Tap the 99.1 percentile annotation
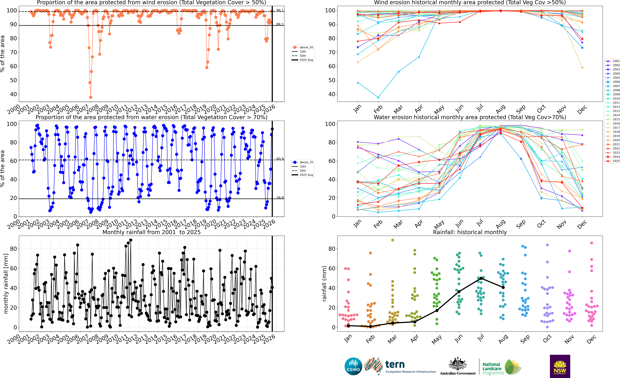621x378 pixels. click(280, 10)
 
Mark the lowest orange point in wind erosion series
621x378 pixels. click(91, 97)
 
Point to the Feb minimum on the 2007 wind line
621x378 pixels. click(378, 97)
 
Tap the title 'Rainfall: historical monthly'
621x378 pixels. click(470, 232)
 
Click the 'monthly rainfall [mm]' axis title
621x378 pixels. click(6, 284)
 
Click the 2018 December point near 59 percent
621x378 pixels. click(582, 68)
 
